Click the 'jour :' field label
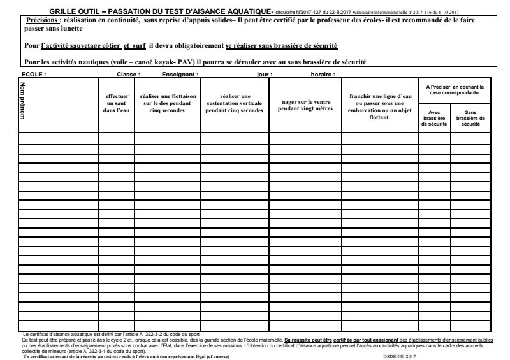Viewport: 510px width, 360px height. click(264, 75)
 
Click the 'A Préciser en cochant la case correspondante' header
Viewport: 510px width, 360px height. click(455, 90)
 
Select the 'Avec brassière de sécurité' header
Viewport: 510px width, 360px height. click(434, 118)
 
